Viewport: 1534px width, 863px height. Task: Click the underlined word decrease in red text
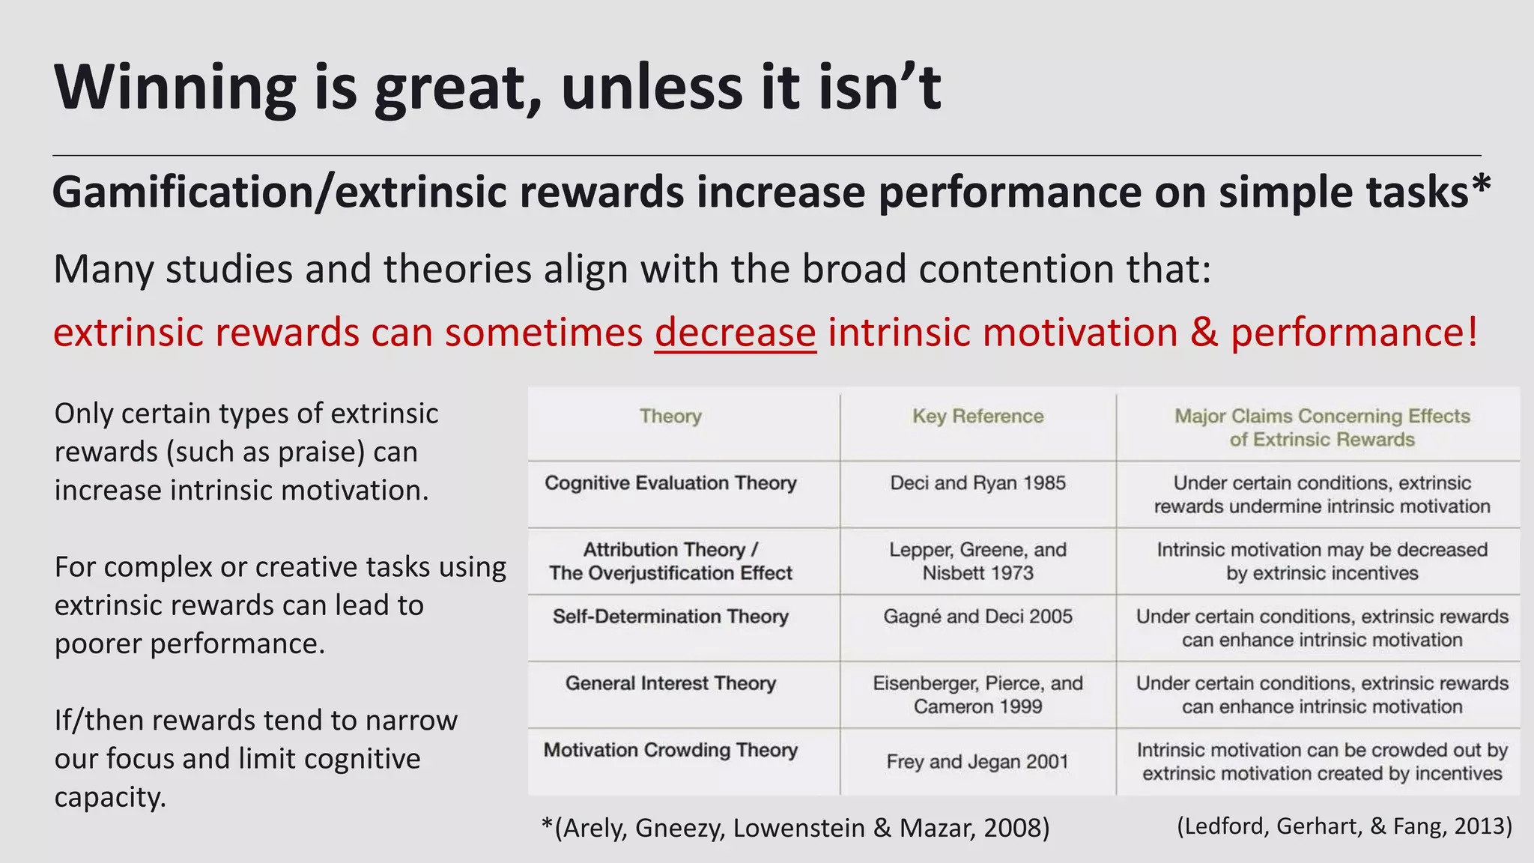[735, 332]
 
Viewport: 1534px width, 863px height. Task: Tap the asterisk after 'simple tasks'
[1481, 186]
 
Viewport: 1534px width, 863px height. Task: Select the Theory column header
[670, 416]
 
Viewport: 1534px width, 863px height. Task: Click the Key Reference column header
[977, 416]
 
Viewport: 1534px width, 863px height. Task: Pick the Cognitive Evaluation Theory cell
[670, 483]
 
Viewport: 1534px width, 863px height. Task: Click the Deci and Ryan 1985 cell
[977, 483]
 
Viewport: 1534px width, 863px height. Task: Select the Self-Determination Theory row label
[670, 617]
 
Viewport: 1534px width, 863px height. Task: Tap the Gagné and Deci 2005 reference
[977, 617]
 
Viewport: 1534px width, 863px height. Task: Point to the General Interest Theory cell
[670, 683]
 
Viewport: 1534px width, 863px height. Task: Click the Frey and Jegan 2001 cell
[977, 762]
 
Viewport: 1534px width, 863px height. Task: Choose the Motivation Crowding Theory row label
[670, 750]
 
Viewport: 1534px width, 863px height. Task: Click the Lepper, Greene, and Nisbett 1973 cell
[977, 561]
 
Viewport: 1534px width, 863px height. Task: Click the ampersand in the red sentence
[1204, 332]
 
